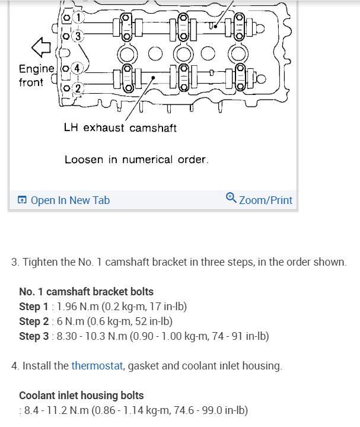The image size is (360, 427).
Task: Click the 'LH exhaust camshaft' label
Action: pyautogui.click(x=120, y=128)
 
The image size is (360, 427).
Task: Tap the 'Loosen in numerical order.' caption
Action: pyautogui.click(x=136, y=160)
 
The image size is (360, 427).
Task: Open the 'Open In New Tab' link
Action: pyautogui.click(x=70, y=200)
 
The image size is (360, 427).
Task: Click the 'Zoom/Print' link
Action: pyautogui.click(x=266, y=200)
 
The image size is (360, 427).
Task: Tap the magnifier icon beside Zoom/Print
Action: pyautogui.click(x=231, y=199)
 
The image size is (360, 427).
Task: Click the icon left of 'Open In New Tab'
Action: pyautogui.click(x=22, y=200)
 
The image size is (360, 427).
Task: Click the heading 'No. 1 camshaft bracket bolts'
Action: pyautogui.click(x=87, y=292)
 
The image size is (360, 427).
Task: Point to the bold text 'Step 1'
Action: pyautogui.click(x=34, y=307)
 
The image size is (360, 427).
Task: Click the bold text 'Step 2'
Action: pyautogui.click(x=34, y=321)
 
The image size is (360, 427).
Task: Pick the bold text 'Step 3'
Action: pyautogui.click(x=34, y=336)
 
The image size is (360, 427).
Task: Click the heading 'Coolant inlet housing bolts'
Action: pyautogui.click(x=81, y=395)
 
